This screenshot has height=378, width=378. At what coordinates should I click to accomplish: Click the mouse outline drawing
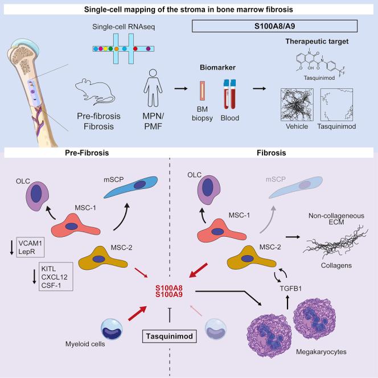(x=95, y=92)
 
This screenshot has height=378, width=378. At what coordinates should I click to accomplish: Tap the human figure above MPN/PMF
(x=153, y=88)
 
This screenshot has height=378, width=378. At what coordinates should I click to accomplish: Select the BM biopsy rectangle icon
(x=203, y=91)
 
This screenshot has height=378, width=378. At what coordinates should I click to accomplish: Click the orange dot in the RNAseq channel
(x=117, y=49)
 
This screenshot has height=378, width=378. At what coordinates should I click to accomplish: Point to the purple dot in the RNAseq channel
(x=148, y=49)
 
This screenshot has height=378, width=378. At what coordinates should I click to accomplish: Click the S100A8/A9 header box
(x=274, y=26)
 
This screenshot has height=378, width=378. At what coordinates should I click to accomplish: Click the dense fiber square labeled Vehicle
(x=297, y=105)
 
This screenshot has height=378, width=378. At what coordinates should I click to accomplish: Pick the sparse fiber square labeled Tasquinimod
(x=337, y=105)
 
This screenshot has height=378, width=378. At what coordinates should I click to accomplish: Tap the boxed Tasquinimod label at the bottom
(x=170, y=336)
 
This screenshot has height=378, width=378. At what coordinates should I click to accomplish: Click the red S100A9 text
(x=169, y=294)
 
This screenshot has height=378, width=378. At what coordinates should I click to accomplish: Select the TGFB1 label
(x=291, y=288)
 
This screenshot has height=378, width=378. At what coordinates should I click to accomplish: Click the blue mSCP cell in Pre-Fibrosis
(x=132, y=187)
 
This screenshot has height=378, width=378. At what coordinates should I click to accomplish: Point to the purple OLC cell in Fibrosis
(x=209, y=190)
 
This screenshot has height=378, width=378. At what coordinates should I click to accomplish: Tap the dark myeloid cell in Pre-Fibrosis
(x=112, y=329)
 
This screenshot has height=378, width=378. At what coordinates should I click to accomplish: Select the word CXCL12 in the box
(x=54, y=277)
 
